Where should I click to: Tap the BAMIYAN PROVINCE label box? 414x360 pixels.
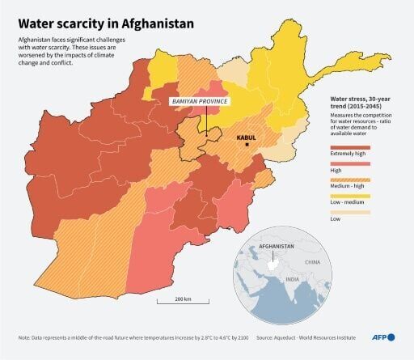[199, 102]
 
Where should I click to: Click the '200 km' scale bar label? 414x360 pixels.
[182, 300]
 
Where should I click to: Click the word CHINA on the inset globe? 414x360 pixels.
[312, 263]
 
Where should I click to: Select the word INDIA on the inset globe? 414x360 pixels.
[292, 279]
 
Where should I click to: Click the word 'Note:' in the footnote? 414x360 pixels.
[26, 337]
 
